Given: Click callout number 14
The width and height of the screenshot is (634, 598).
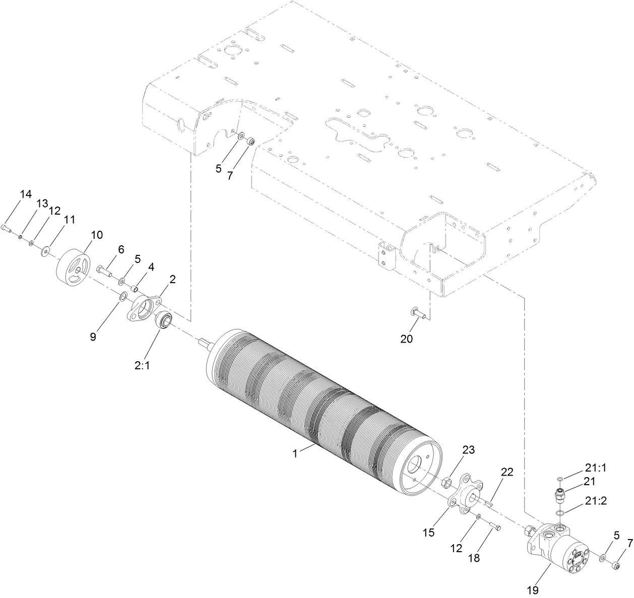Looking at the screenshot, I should pos(25,194).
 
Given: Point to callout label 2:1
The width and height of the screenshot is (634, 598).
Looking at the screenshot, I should pos(142,366).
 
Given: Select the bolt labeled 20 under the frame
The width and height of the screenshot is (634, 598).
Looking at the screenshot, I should pos(418,313).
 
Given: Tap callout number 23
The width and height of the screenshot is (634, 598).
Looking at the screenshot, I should pos(468,450).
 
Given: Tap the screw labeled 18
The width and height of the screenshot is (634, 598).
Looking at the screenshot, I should pos(494,526).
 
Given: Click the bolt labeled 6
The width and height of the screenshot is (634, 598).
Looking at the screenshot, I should pos(104,271).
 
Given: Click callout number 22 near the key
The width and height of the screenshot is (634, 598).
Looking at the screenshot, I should pos(506,472).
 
